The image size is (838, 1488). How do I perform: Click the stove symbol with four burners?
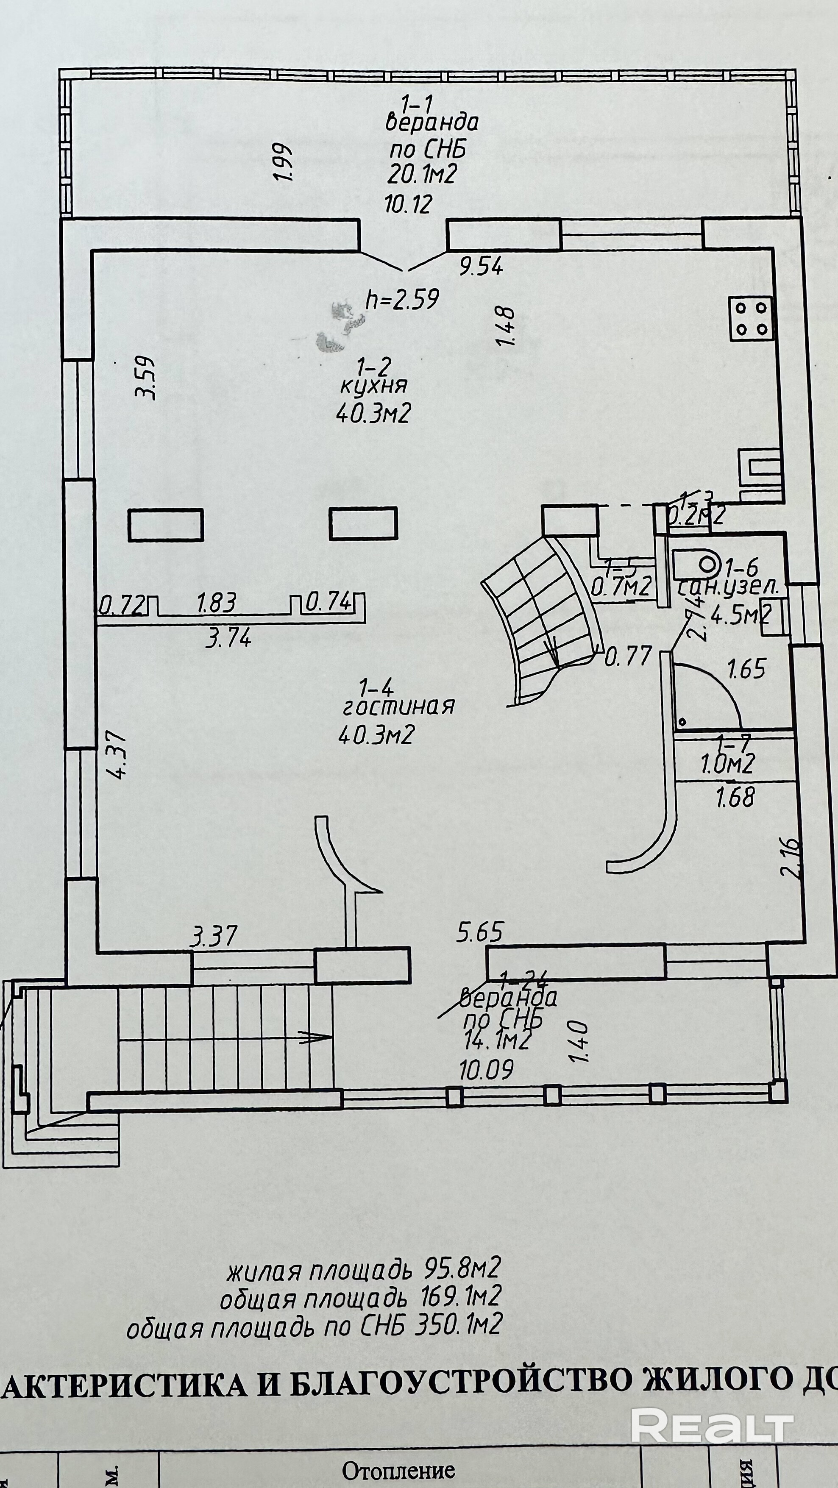tap(751, 318)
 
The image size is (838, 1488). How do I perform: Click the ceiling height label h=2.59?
tap(403, 299)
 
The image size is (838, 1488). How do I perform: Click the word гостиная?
tap(398, 706)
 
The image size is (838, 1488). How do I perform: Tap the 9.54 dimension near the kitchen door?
tap(481, 266)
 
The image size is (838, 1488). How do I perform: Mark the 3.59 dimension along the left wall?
tap(145, 377)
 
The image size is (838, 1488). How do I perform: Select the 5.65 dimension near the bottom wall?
tap(479, 932)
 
